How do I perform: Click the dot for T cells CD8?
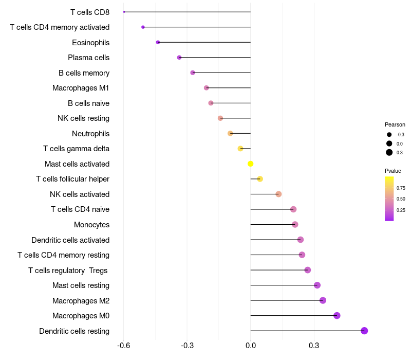pyautogui.click(x=124, y=12)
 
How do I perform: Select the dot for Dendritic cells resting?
pyautogui.click(x=364, y=331)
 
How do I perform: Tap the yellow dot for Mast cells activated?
pyautogui.click(x=250, y=164)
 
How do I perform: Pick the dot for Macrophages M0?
pyautogui.click(x=337, y=315)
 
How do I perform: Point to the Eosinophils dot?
pyautogui.click(x=158, y=42)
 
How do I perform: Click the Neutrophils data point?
pyautogui.click(x=230, y=133)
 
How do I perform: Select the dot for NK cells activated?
pyautogui.click(x=278, y=194)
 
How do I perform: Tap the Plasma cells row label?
pyautogui.click(x=88, y=58)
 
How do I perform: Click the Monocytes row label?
pyautogui.click(x=92, y=225)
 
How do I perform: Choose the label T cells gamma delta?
pyautogui.click(x=76, y=149)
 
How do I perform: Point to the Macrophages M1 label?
pyautogui.click(x=81, y=88)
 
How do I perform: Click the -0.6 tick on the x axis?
pyautogui.click(x=123, y=345)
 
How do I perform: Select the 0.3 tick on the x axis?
pyautogui.click(x=314, y=345)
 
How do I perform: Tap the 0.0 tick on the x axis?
pyautogui.click(x=250, y=345)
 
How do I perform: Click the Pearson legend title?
pyautogui.click(x=395, y=124)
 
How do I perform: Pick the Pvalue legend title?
pyautogui.click(x=393, y=171)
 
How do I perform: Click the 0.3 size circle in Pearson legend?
pyautogui.click(x=389, y=152)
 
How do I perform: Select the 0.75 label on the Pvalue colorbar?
pyautogui.click(x=401, y=188)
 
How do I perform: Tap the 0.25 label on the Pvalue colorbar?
pyautogui.click(x=401, y=210)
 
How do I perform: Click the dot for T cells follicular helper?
pyautogui.click(x=260, y=179)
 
